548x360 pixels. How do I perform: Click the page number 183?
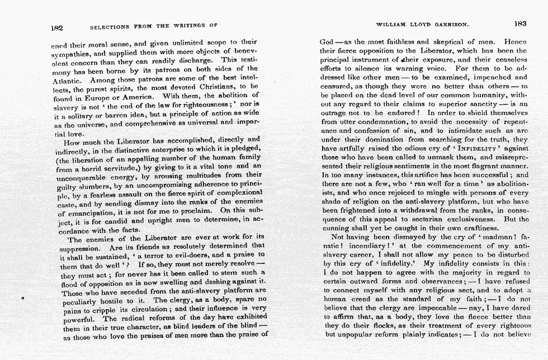pyautogui.click(x=520, y=24)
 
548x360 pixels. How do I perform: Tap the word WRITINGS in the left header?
pyautogui.click(x=184, y=26)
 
